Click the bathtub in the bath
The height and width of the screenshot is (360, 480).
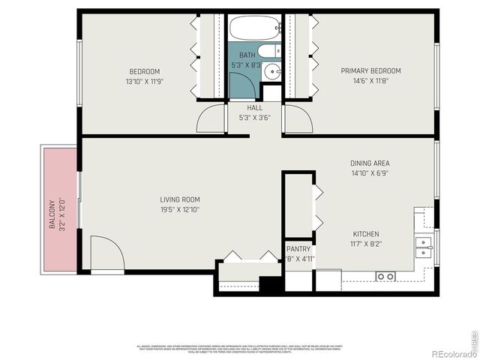coord(254,28)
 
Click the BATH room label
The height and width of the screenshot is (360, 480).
coord(247,55)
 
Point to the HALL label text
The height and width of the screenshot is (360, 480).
coord(254,108)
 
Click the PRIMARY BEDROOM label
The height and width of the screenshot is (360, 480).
coord(370,71)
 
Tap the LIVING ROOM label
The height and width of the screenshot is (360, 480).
coord(179,199)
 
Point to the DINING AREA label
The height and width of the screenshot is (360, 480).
coord(370,163)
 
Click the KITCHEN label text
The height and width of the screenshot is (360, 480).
coord(365,234)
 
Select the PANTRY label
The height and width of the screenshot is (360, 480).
coord(298,249)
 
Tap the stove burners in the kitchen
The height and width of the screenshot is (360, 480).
coord(385,277)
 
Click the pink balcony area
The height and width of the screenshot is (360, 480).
coord(59,210)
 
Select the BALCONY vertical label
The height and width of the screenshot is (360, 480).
coord(52,214)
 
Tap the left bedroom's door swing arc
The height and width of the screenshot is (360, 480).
coord(211,119)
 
